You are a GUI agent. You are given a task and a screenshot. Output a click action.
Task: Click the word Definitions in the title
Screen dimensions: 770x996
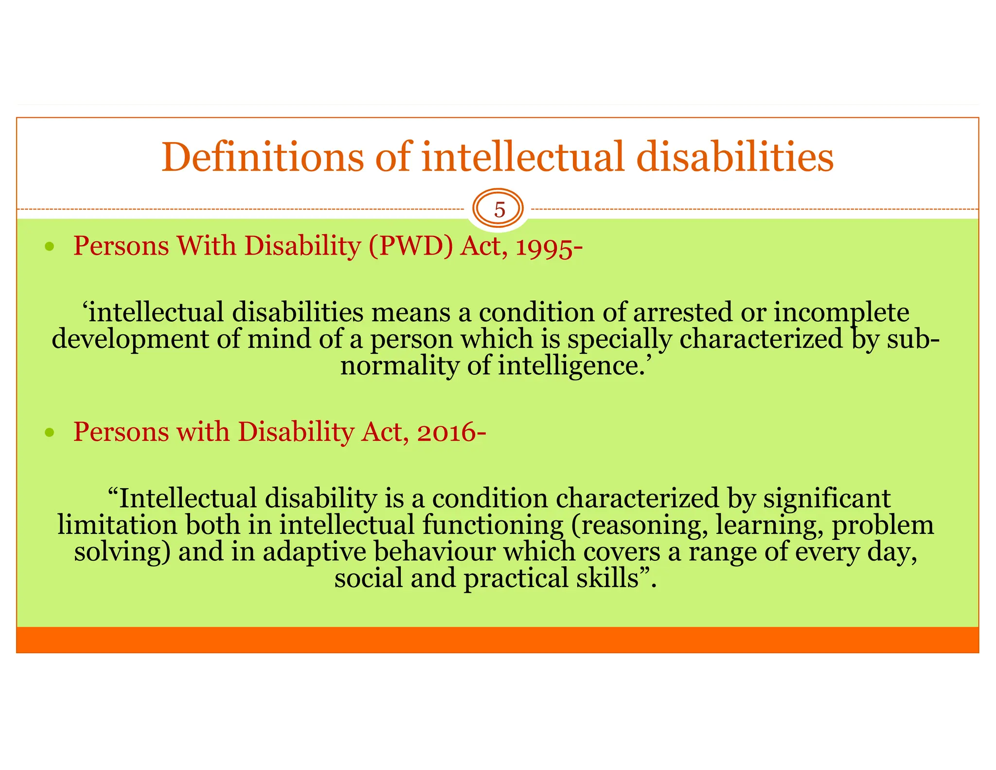coord(262,157)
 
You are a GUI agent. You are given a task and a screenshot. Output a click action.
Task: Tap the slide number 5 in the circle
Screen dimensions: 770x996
coord(499,210)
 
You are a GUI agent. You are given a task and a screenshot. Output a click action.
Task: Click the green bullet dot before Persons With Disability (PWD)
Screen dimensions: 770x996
coord(49,247)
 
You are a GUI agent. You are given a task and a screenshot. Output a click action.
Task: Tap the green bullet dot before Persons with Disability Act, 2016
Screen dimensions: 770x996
coord(49,432)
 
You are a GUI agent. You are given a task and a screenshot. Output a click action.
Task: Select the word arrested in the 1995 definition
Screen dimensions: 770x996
coord(682,312)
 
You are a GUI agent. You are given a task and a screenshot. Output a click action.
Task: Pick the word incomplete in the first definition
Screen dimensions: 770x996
coord(841,313)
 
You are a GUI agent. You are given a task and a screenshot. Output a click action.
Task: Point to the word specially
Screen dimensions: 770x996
coord(619,340)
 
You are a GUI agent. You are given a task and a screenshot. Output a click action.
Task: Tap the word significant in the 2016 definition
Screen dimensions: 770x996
coord(826,498)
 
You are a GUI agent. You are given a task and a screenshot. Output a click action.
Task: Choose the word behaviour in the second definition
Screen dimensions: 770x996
coord(434,552)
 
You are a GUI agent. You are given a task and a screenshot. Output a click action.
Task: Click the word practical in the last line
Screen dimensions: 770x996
coord(516,579)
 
